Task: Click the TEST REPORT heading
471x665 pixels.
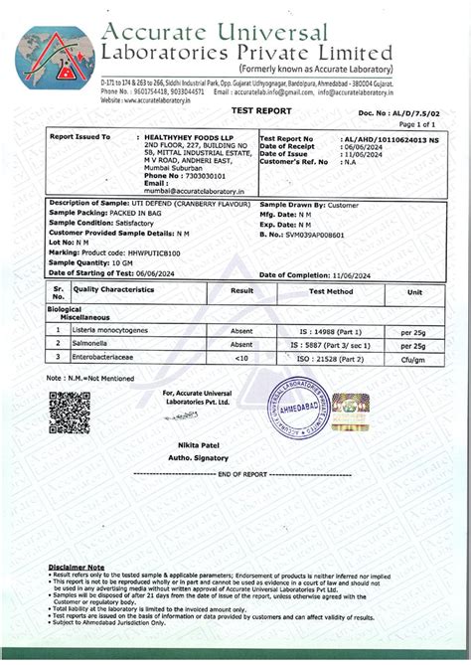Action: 235,113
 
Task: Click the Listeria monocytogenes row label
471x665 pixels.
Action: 112,328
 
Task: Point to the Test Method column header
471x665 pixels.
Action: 330,292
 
